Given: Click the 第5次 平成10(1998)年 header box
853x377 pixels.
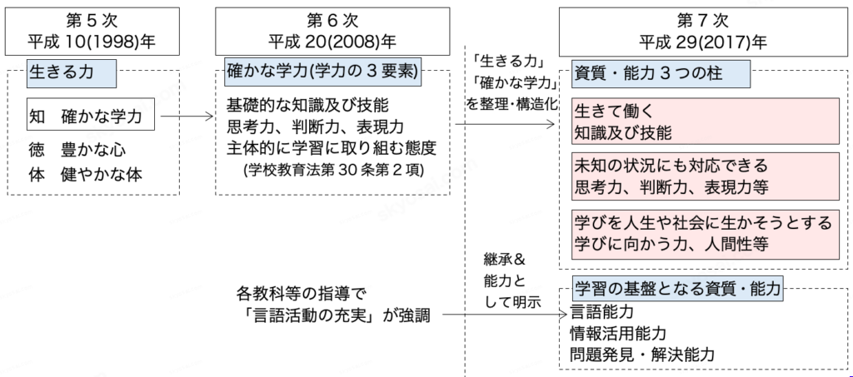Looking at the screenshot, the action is click(92, 32).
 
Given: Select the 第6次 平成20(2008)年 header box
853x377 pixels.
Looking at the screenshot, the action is click(332, 32).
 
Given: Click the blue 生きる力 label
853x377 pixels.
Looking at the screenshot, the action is click(72, 73).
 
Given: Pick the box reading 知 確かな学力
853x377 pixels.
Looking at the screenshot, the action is click(90, 115).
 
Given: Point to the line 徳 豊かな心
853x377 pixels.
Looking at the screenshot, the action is click(77, 150).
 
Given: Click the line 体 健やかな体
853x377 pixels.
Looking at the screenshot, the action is click(86, 175).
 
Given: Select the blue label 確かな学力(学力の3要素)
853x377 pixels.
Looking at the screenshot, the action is click(322, 72).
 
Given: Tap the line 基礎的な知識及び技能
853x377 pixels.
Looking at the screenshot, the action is click(307, 106).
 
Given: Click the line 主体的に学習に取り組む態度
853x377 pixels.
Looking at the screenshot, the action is click(332, 148).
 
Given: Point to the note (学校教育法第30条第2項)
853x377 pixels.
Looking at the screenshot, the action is click(334, 169).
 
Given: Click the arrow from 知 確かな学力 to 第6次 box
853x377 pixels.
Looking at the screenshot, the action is click(185, 116).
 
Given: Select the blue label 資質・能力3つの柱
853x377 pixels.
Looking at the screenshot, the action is click(661, 73).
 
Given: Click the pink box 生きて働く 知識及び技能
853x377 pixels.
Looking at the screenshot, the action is click(705, 122).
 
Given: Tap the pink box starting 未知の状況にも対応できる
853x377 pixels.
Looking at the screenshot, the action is click(705, 176).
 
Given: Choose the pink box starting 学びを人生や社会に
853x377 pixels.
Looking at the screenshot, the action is click(705, 234).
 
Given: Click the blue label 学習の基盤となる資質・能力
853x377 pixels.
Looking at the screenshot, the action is click(677, 288).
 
